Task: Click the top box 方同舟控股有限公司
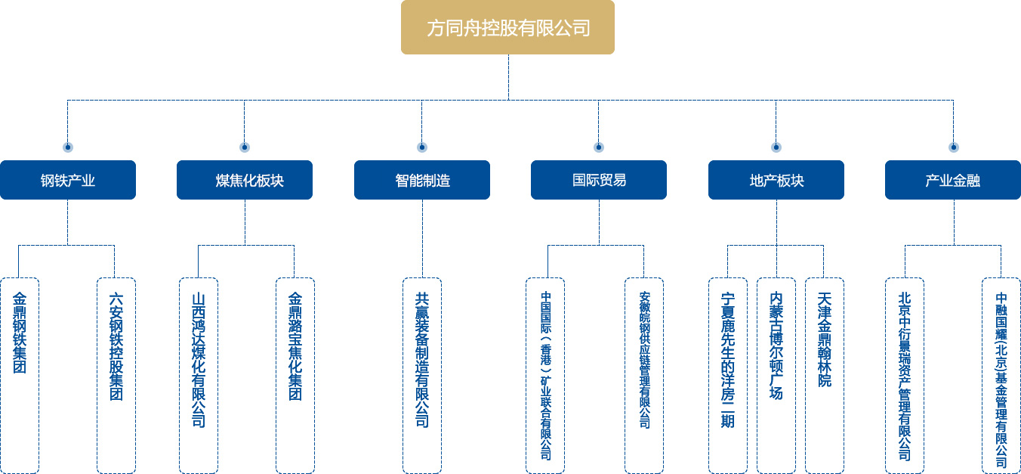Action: (507, 28)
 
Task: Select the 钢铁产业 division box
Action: (68, 180)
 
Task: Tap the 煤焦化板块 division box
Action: (245, 180)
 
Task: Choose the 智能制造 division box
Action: (422, 180)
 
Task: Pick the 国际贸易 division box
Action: (599, 180)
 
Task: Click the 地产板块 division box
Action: (776, 180)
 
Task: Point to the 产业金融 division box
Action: (953, 180)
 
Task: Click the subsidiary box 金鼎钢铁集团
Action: (20, 374)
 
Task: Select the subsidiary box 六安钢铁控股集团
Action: (116, 374)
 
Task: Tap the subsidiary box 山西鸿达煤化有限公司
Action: (199, 374)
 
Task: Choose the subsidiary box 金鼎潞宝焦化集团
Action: (295, 374)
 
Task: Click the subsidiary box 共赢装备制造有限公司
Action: (422, 374)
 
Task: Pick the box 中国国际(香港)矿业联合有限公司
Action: (545, 374)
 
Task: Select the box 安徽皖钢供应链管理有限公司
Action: (644, 374)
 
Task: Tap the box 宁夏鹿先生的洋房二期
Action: (728, 374)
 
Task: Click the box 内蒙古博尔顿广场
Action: (776, 374)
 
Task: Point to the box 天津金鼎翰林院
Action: (825, 374)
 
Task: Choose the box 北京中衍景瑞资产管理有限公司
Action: (905, 374)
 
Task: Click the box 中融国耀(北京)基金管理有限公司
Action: (1001, 374)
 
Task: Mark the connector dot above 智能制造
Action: (422, 147)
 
